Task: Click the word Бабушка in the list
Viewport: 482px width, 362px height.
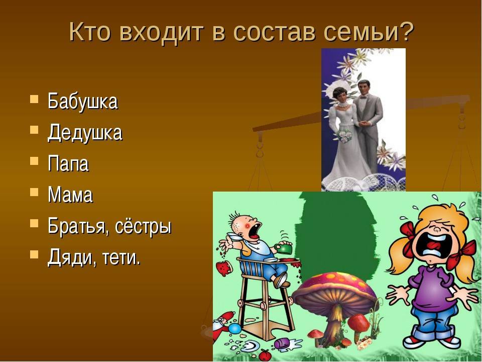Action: pyautogui.click(x=82, y=101)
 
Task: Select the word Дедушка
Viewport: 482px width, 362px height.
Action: pyautogui.click(x=85, y=133)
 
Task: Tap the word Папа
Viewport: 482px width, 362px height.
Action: pyautogui.click(x=68, y=163)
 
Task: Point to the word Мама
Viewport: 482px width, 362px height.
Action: pyautogui.click(x=70, y=195)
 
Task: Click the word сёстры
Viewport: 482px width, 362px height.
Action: pyautogui.click(x=143, y=227)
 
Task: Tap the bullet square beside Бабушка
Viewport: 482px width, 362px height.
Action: pyautogui.click(x=35, y=99)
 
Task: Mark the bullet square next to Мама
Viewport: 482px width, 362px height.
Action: pyautogui.click(x=35, y=193)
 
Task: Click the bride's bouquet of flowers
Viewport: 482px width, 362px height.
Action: pyautogui.click(x=344, y=136)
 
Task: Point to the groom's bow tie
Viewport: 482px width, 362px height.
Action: pyautogui.click(x=364, y=97)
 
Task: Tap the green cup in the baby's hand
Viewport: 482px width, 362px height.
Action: pyautogui.click(x=284, y=248)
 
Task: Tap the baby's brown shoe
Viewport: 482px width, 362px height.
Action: pyautogui.click(x=281, y=281)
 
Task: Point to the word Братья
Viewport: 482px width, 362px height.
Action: pyautogui.click(x=78, y=227)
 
